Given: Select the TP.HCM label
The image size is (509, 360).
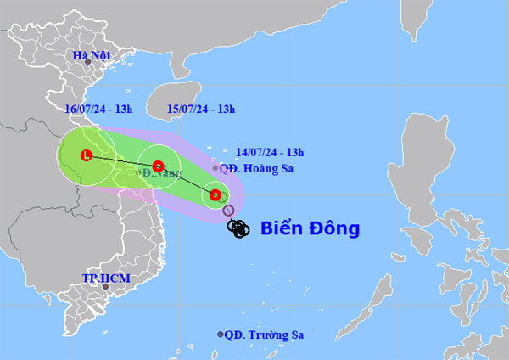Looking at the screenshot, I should pyautogui.click(x=100, y=278).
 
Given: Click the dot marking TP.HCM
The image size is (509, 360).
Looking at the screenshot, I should pyautogui.click(x=106, y=287).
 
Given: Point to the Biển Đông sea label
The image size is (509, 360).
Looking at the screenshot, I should pyautogui.click(x=310, y=228).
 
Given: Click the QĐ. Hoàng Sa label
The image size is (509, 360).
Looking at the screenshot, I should pyautogui.click(x=255, y=168).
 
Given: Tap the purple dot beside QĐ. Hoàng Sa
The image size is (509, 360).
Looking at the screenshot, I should pyautogui.click(x=215, y=168).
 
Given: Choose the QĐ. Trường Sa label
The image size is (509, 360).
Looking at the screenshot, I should pyautogui.click(x=266, y=335).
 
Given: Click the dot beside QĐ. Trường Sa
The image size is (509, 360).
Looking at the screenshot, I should pyautogui.click(x=221, y=335).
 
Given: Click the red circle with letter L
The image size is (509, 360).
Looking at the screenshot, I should pyautogui.click(x=87, y=155).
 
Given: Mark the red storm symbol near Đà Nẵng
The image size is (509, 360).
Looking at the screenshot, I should pyautogui.click(x=159, y=166).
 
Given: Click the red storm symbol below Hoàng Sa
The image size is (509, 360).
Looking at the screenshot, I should pyautogui.click(x=215, y=195).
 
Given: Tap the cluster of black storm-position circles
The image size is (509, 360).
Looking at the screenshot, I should pyautogui.click(x=239, y=228).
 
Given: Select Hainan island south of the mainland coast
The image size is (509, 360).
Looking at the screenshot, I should pyautogui.click(x=179, y=95).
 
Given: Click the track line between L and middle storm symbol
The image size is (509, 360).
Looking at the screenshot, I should pyautogui.click(x=123, y=160).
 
